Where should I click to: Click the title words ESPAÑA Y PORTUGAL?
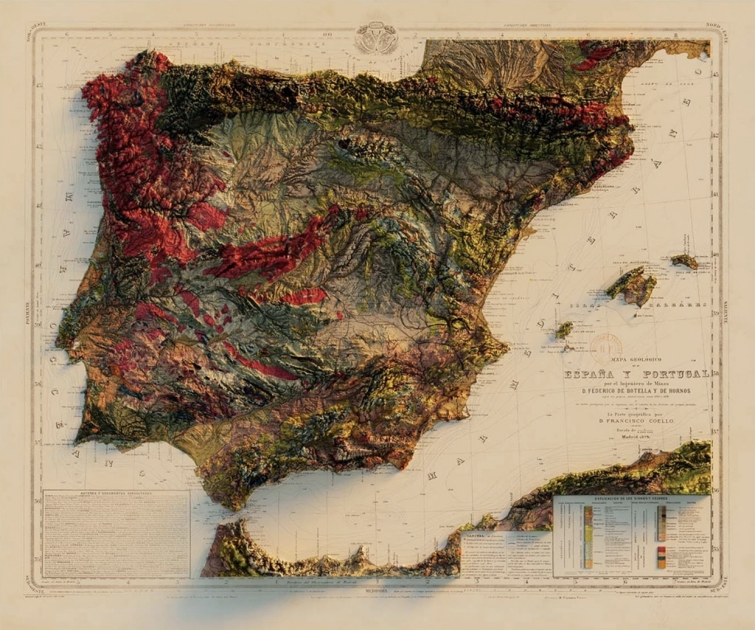pos(636,374)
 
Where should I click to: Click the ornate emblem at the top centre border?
pos(376,38)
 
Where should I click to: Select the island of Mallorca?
pos(631,285)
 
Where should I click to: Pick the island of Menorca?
pos(685,260)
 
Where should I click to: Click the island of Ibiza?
pos(564,330)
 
